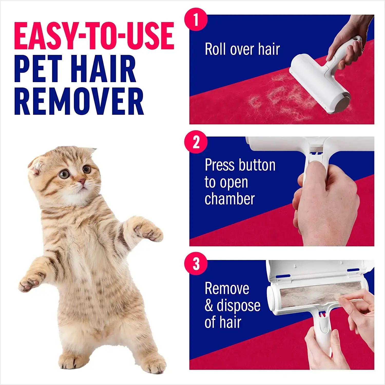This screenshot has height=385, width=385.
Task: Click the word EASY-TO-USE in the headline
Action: (x=94, y=36)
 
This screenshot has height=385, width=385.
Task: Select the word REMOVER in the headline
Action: (x=79, y=101)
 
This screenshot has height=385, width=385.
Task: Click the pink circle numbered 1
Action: (x=196, y=20)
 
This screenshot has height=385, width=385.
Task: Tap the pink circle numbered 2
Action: (x=196, y=142)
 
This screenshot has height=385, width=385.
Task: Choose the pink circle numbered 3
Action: (x=196, y=264)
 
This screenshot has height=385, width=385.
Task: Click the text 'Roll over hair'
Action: (x=242, y=49)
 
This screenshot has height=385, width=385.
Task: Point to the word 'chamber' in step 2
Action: (x=229, y=199)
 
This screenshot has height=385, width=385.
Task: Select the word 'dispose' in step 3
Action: (x=238, y=305)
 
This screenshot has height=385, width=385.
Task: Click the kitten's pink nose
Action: (x=82, y=182)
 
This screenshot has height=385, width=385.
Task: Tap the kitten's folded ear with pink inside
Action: (x=36, y=166)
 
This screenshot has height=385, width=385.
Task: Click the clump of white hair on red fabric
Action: (x=280, y=99)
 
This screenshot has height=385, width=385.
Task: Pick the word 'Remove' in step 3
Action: (x=227, y=288)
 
